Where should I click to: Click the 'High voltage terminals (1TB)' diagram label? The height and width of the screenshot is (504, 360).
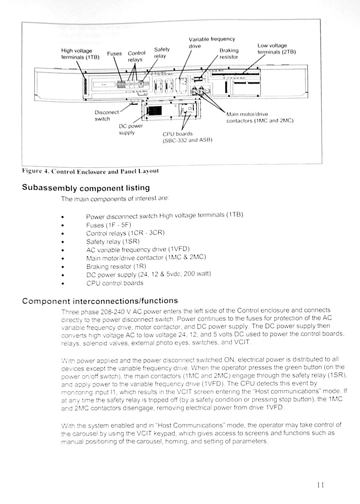click(80, 54)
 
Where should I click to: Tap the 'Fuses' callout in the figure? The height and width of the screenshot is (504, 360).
click(114, 53)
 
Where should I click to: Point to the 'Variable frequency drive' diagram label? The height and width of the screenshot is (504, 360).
click(212, 42)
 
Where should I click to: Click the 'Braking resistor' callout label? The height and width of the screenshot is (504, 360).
click(229, 54)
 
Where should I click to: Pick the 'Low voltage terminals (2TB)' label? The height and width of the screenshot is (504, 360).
click(276, 49)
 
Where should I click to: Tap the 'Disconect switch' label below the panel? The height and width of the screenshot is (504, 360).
click(107, 115)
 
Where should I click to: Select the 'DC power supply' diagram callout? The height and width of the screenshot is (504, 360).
click(130, 129)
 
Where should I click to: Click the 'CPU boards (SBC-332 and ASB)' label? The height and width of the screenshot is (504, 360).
click(187, 137)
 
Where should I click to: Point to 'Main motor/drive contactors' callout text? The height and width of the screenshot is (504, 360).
click(260, 117)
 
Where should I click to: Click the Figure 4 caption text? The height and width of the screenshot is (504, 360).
click(90, 171)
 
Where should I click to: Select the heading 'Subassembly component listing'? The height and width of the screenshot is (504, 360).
click(86, 187)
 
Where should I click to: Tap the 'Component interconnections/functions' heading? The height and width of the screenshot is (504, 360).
click(100, 301)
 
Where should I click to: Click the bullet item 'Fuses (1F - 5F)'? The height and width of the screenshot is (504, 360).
click(108, 225)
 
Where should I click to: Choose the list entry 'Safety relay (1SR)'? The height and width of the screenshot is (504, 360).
click(113, 241)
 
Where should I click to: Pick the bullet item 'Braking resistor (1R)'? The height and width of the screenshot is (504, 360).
click(116, 266)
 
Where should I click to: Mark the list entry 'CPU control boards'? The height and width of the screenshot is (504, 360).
click(114, 283)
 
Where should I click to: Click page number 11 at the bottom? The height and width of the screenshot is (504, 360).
click(320, 485)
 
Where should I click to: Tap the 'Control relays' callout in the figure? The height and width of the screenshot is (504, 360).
click(136, 56)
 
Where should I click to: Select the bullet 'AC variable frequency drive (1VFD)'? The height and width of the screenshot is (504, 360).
click(138, 250)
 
